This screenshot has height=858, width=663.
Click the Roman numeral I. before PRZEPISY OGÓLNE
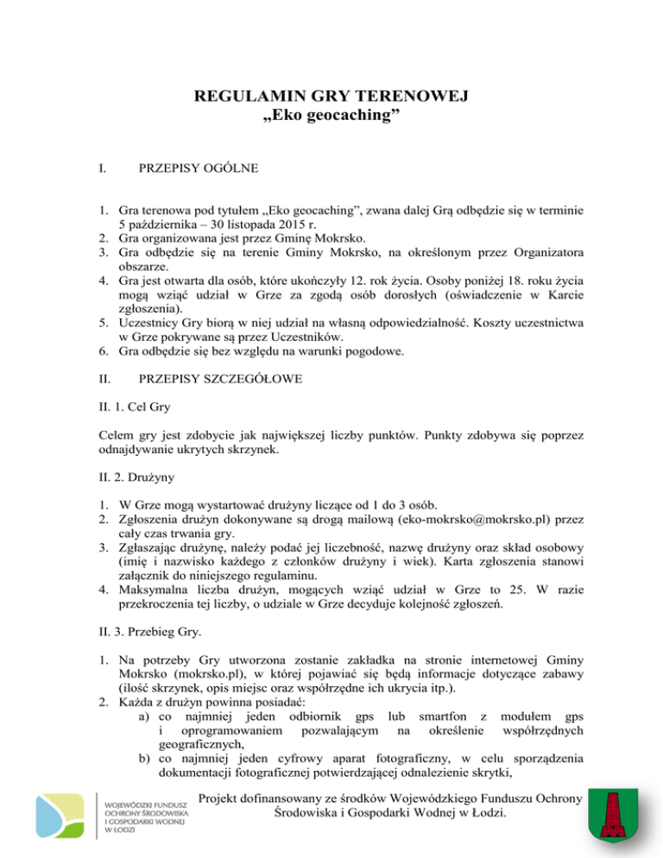(x=102, y=185)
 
